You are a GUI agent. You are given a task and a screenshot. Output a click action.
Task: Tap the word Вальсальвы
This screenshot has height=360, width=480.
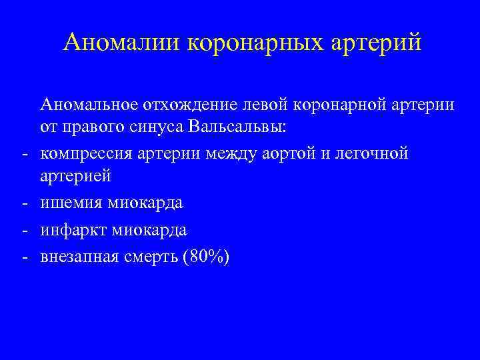[x=237, y=128]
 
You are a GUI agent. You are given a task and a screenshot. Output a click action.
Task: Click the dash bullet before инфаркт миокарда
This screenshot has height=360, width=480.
[x=23, y=230]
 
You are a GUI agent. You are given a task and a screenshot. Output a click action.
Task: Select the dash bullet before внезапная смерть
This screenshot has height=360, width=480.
[x=23, y=255]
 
